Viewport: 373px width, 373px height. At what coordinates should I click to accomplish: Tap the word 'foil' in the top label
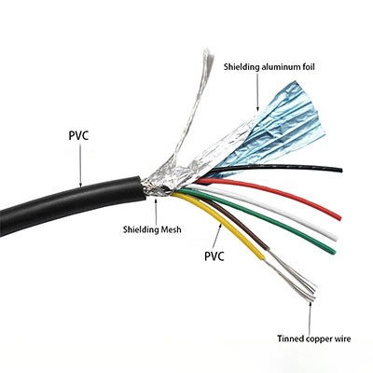click(x=308, y=66)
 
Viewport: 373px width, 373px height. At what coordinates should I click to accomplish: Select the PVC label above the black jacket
click(x=78, y=136)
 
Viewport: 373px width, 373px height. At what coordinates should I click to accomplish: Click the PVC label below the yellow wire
click(x=214, y=256)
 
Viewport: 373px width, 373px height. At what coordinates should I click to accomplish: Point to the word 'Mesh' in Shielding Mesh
click(x=171, y=229)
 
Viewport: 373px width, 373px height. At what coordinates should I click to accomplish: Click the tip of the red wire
click(x=339, y=217)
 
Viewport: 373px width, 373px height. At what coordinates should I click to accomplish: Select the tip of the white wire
click(x=335, y=237)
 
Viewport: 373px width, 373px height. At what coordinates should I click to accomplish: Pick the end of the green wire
click(x=334, y=251)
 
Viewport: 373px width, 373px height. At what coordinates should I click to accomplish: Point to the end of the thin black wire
click(x=341, y=170)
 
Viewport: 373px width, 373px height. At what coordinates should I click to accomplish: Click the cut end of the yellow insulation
click(x=263, y=256)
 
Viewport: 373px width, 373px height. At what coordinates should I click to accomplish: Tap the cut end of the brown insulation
click(x=267, y=249)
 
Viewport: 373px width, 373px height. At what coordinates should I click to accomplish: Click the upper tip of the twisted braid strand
click(x=208, y=53)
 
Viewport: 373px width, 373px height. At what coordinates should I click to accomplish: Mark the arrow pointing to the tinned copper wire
click(x=310, y=317)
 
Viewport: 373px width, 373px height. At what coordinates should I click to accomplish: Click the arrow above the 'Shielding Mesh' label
click(x=156, y=211)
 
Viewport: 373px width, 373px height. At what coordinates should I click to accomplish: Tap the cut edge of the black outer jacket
click(x=142, y=188)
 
